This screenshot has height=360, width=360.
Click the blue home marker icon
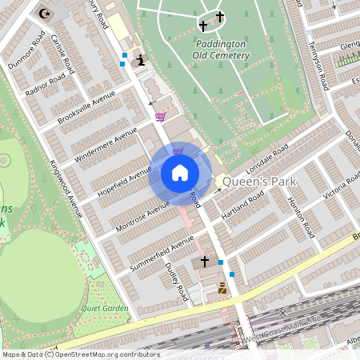180,173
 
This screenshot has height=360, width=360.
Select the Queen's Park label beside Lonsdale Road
261,182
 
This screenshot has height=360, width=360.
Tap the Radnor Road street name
45,87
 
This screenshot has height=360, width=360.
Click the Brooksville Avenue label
86,107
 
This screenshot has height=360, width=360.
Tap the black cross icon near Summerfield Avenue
204,262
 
